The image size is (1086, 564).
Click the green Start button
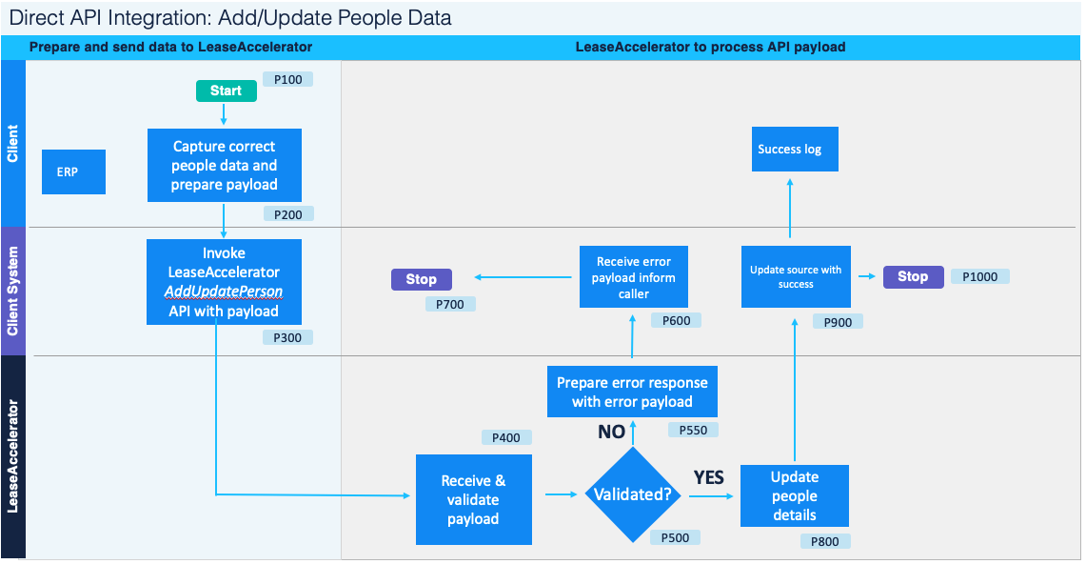226,91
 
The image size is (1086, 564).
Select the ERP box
73,172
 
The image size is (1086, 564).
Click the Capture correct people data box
225,165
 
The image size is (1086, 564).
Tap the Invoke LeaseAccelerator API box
224,282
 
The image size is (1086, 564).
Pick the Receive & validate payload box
473,499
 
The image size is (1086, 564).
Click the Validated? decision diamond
632,494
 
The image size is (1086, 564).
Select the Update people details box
794,495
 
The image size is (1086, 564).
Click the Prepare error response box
632,392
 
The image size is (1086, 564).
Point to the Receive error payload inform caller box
633,277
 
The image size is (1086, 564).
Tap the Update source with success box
795,276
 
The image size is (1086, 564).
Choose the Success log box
794,149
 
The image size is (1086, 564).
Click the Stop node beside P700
421,279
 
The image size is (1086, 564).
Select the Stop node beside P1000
912,276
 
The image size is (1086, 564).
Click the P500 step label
675,537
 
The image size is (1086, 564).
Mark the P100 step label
287,79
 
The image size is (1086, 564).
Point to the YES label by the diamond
708,477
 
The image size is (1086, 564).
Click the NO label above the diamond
611,432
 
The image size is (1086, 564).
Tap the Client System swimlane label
13,291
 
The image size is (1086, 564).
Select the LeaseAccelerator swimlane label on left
13,456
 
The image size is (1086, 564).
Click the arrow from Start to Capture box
224,114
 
